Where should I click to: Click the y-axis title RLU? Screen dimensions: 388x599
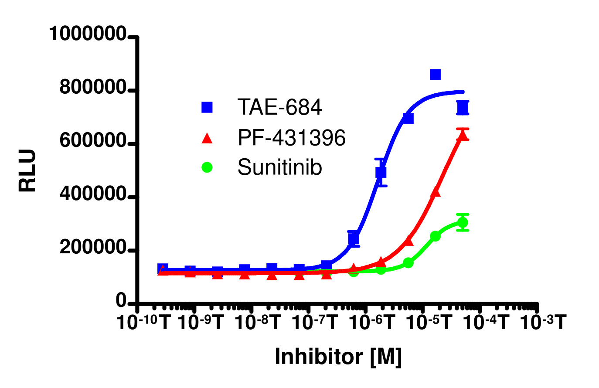coord(27,171)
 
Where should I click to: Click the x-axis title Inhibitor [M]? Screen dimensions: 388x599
coord(338,357)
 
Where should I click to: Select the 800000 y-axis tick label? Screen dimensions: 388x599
coord(93,88)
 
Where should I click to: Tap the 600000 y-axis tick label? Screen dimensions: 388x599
coord(93,141)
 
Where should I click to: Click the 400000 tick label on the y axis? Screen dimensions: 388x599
coord(93,195)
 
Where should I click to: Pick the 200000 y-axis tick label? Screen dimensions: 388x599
coord(93,248)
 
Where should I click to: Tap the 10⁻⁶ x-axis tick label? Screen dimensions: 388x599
coord(372,323)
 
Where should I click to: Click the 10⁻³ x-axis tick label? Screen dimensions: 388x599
coord(543,323)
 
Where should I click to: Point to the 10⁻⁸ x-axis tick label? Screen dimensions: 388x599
coord(258,323)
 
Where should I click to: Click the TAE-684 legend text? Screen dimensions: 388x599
coord(279,107)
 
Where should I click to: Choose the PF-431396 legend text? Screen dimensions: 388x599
coord(292,138)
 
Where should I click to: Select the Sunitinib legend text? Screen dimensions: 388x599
coord(279,167)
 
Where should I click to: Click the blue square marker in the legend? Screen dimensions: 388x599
coord(207,107)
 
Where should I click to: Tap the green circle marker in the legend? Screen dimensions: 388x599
coord(207,167)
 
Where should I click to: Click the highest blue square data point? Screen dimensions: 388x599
coord(435,75)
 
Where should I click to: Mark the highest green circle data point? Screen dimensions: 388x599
coord(463,222)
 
